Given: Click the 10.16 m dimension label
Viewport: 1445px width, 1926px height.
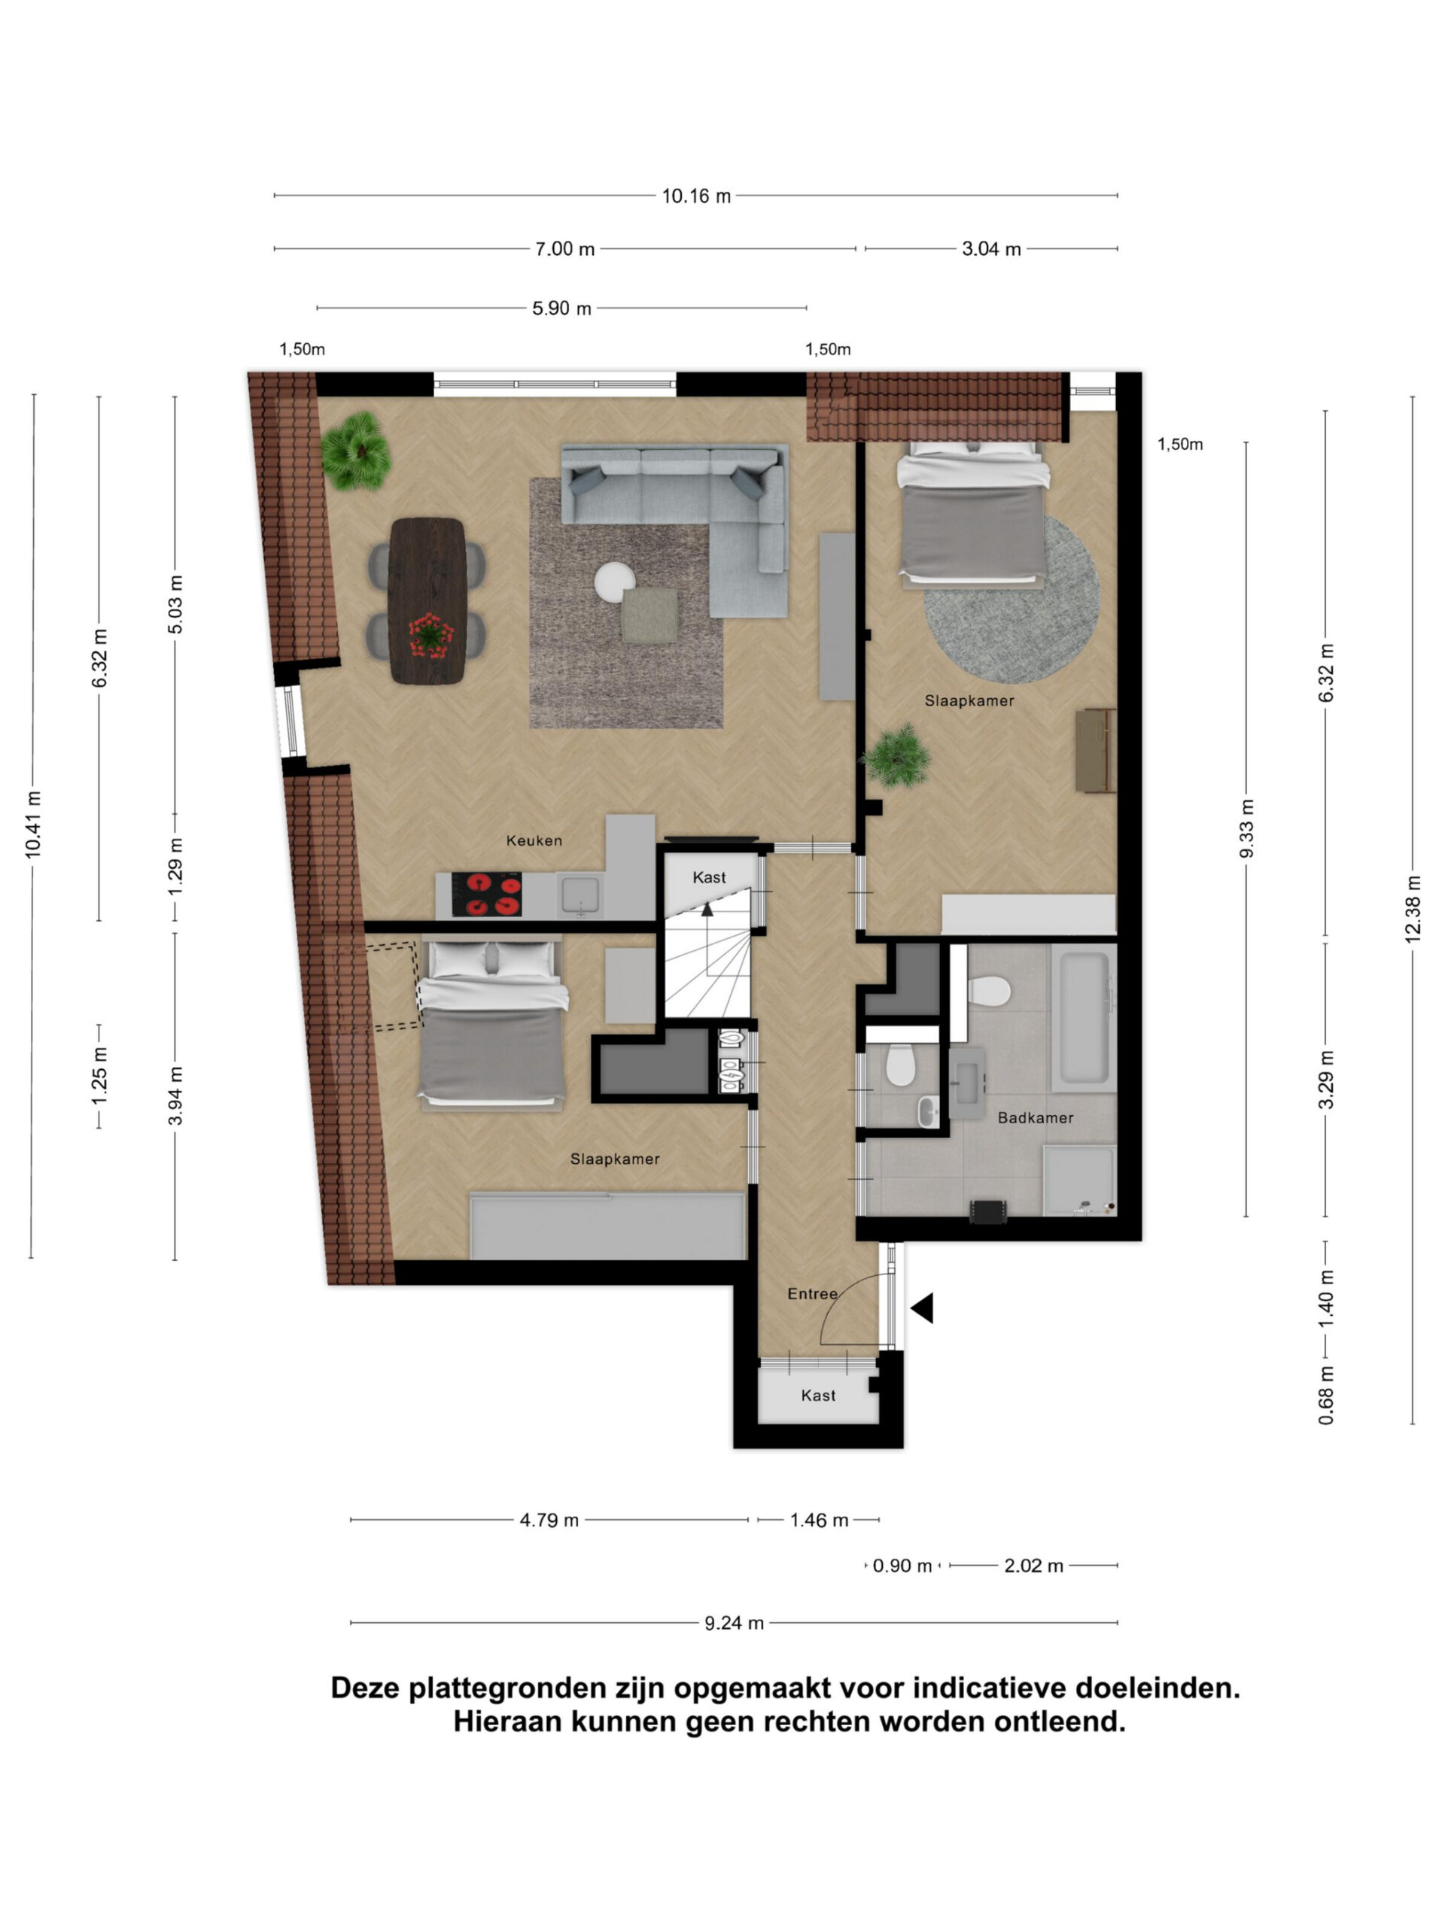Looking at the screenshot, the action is point(696,196).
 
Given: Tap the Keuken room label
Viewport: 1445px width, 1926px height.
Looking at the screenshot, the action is point(534,840).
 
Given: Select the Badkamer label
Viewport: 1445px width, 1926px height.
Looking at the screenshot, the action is point(1035,1117).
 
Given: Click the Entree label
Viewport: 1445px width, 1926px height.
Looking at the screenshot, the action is point(812,1294).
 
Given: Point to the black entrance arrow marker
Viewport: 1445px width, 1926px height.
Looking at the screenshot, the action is point(923,1308).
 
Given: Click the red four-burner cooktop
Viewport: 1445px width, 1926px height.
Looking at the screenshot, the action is point(487,895).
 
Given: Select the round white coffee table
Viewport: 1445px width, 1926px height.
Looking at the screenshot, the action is point(616,582).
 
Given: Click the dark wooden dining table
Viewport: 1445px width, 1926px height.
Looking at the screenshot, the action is point(427,601).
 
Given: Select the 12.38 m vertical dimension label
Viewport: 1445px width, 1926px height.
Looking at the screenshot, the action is point(1412,908).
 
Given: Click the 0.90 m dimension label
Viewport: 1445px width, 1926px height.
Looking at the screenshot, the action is point(902,1566).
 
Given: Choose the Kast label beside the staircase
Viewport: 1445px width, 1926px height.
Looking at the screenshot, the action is point(709,878).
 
